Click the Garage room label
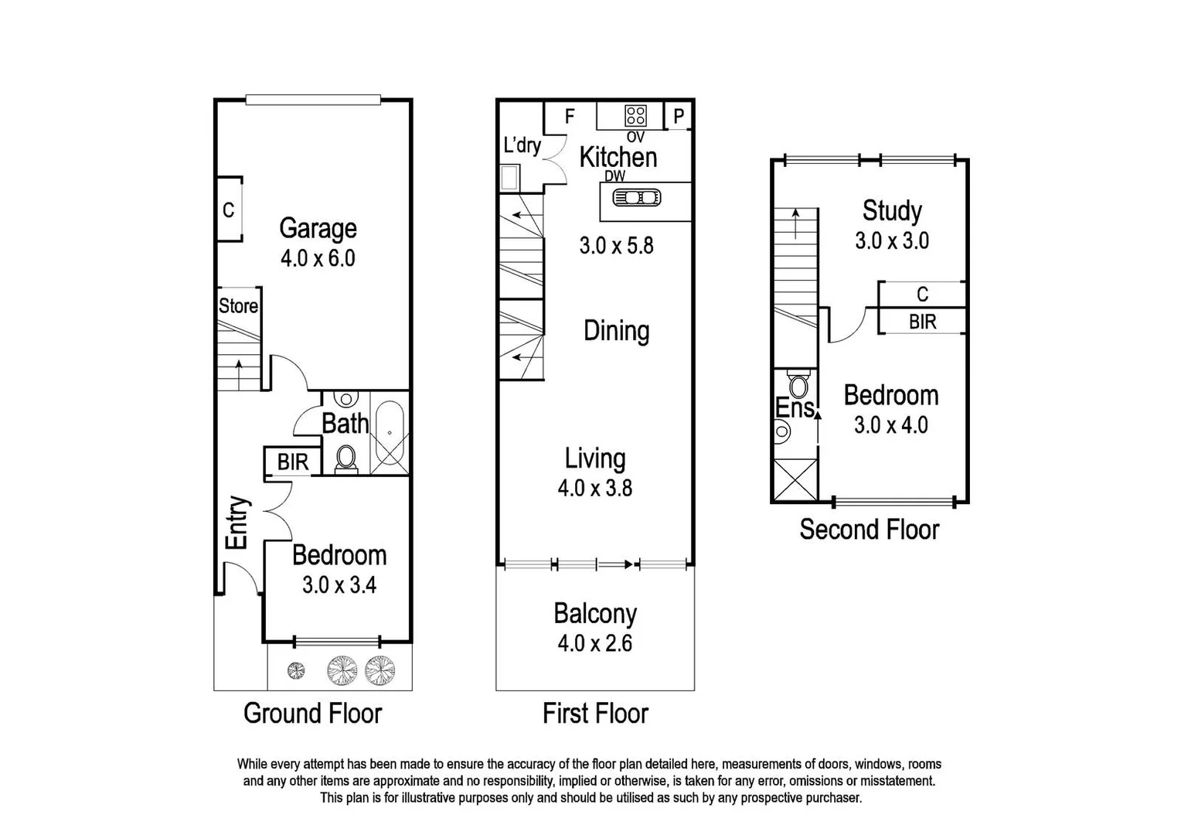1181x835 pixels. [x=318, y=228]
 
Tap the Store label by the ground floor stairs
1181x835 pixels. [x=238, y=306]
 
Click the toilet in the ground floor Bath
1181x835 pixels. [x=345, y=458]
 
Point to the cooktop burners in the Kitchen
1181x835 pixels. [x=635, y=116]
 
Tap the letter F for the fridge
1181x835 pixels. [x=570, y=117]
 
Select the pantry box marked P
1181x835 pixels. [x=679, y=117]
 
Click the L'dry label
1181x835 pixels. [x=522, y=145]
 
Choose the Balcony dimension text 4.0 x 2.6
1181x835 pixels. [x=594, y=643]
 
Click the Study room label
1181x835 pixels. [x=892, y=210]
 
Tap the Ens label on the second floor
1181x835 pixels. [x=795, y=407]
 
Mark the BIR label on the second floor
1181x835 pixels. [x=922, y=322]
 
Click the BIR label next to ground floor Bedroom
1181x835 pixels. [x=293, y=462]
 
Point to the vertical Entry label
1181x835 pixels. [x=237, y=523]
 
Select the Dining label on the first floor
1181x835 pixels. [x=616, y=331]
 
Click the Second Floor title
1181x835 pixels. [x=869, y=530]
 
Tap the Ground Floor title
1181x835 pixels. [x=312, y=713]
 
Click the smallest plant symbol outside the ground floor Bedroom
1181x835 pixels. [x=296, y=670]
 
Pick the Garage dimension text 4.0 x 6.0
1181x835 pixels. [x=318, y=258]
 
